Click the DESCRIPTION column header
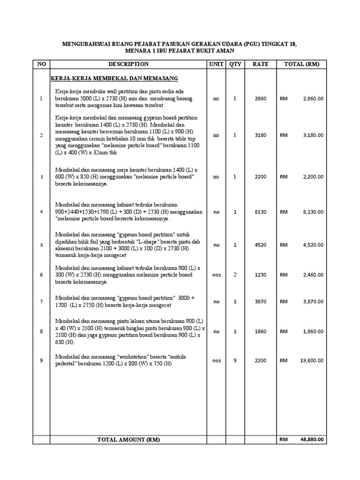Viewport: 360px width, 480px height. (128, 64)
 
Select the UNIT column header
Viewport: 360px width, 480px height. (216, 64)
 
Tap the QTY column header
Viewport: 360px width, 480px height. (235, 64)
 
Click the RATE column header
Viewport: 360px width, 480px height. (260, 64)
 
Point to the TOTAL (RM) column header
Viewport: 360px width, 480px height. (301, 64)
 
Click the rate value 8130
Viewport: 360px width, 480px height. (260, 212)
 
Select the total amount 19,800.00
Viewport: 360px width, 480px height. (312, 360)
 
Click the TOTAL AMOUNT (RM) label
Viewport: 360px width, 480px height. (128, 440)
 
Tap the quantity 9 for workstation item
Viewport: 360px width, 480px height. (235, 360)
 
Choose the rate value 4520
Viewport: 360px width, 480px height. (260, 245)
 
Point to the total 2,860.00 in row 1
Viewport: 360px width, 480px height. (313, 99)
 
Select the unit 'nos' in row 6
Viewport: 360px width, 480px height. (216, 275)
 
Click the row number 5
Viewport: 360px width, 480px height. (41, 245)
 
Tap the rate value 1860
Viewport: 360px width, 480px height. (260, 331)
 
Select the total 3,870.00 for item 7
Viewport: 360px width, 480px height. (313, 302)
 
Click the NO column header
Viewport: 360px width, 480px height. (41, 64)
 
